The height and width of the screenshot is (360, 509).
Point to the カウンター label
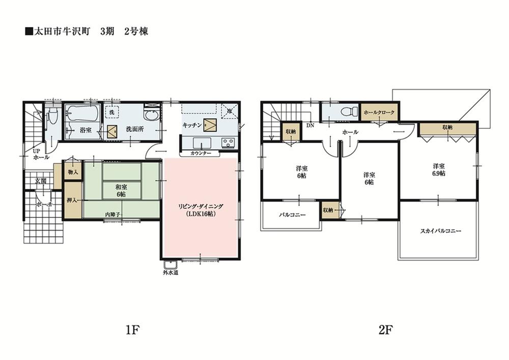tap(201, 153)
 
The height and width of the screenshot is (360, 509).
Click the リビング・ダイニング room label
tap(201, 210)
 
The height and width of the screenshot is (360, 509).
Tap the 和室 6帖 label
tap(121, 190)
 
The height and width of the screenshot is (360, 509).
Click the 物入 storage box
tap(73, 173)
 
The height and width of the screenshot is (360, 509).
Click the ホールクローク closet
tap(378, 112)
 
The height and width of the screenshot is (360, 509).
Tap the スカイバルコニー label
tap(440, 231)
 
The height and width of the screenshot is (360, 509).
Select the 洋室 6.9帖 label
tap(439, 170)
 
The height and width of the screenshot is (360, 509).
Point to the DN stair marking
tap(310, 125)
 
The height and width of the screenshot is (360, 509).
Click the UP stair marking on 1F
tap(36, 151)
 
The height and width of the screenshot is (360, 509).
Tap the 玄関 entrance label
tap(41, 181)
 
